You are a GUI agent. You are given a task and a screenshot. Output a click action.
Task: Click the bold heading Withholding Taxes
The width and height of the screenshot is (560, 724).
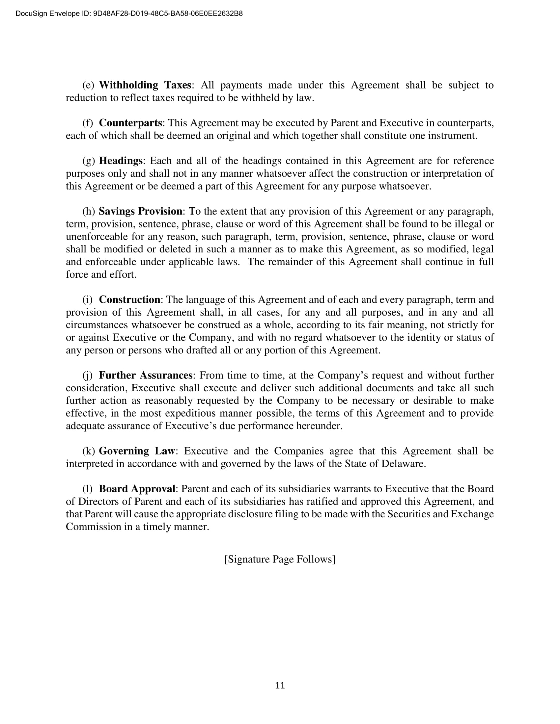145,85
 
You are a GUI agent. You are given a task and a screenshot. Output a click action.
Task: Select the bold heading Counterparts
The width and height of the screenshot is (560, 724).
130,123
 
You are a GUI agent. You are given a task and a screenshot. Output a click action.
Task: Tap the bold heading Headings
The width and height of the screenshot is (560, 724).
121,161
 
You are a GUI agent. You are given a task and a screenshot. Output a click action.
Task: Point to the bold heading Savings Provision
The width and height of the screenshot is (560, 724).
140,211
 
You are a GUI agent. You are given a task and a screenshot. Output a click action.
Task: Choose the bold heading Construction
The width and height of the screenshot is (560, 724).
129,300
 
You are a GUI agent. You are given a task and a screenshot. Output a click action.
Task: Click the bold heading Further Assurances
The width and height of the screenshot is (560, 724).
146,375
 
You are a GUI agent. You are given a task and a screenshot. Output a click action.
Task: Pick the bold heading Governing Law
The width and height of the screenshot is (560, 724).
137,451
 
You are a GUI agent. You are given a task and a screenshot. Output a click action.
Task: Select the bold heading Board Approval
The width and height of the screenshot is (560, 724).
137,489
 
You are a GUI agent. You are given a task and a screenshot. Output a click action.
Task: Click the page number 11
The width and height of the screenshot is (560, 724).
280,685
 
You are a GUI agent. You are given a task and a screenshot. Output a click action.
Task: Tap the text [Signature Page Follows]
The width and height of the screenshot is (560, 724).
280,559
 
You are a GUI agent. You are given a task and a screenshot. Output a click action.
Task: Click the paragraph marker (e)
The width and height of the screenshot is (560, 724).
88,85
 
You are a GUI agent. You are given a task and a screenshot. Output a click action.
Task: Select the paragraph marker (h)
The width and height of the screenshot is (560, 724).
89,211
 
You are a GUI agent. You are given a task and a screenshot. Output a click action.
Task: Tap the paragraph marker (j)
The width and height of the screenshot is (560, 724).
88,375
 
